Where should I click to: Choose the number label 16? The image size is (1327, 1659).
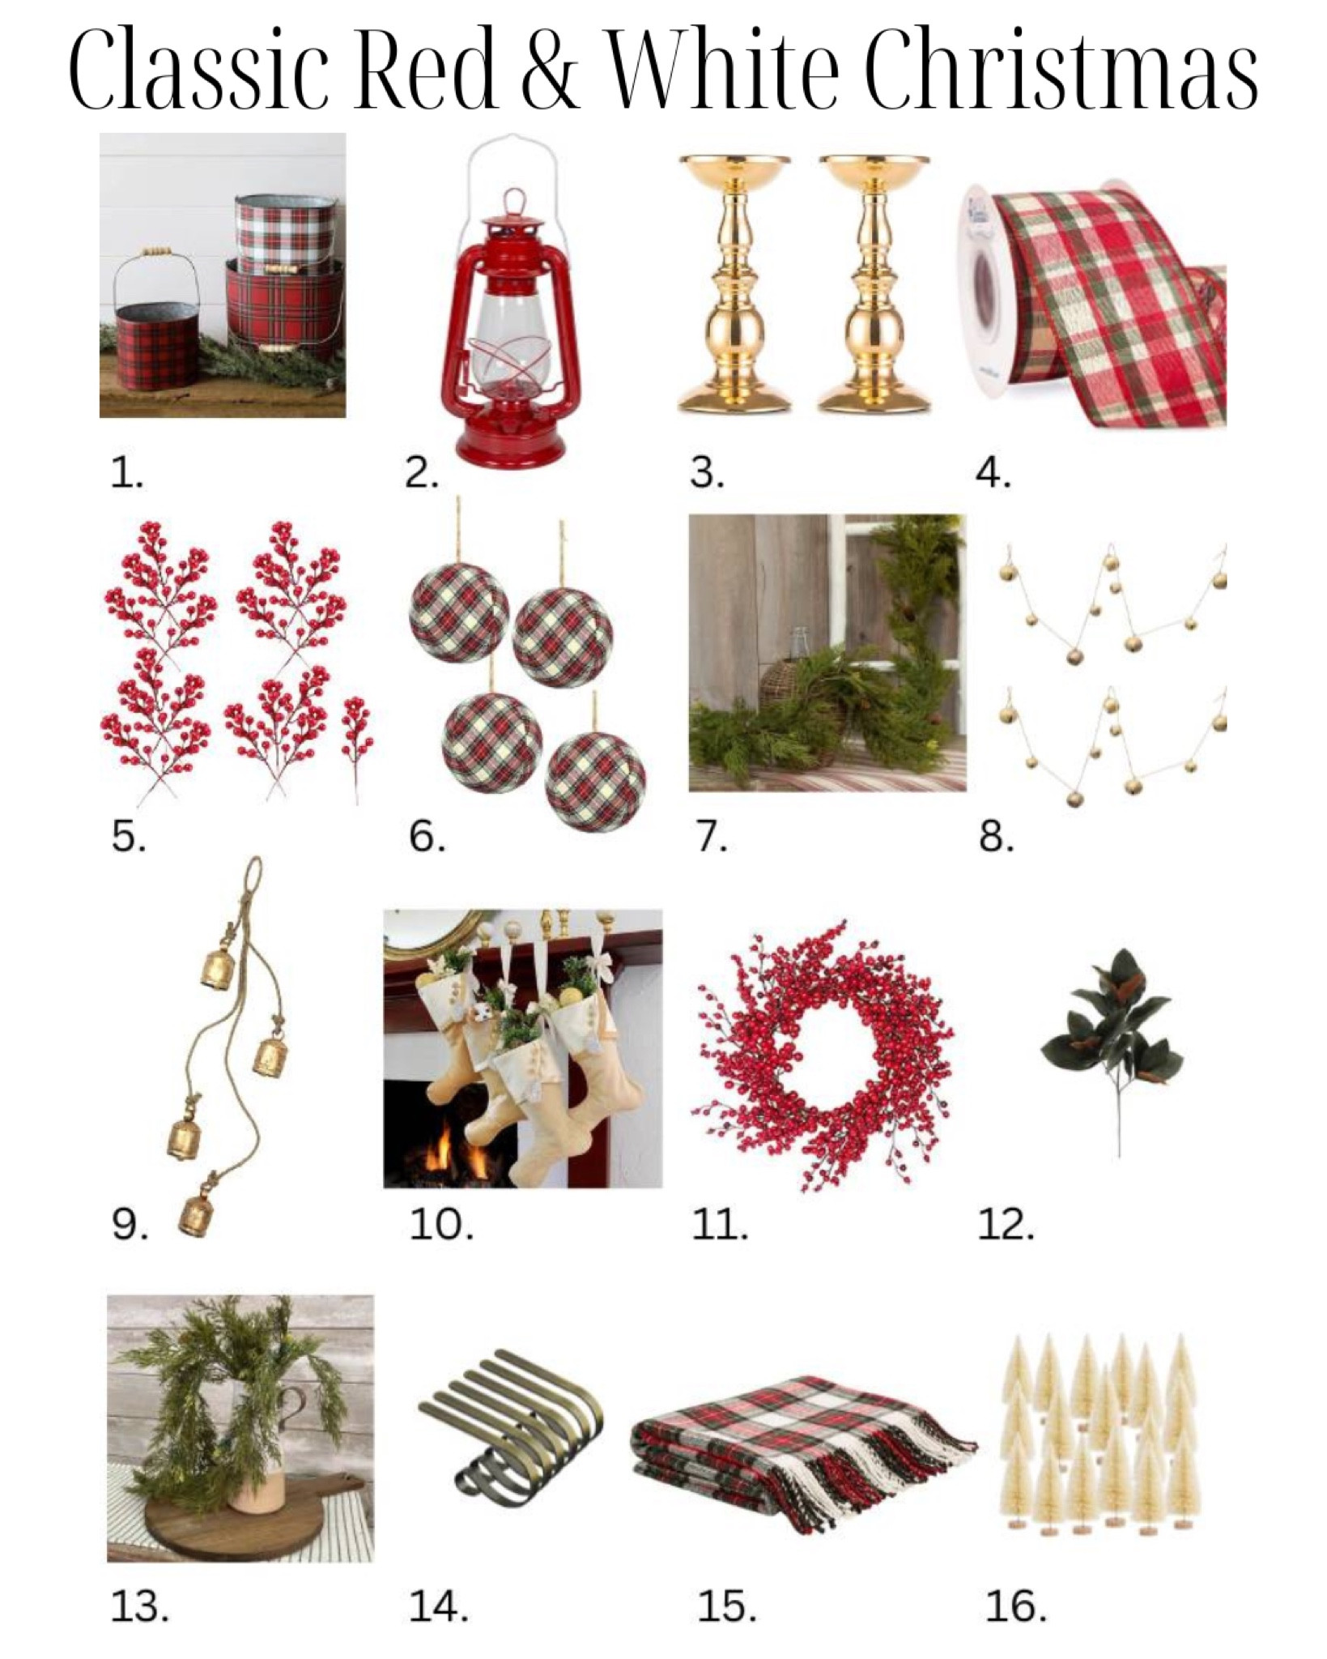pyautogui.click(x=1015, y=1606)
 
